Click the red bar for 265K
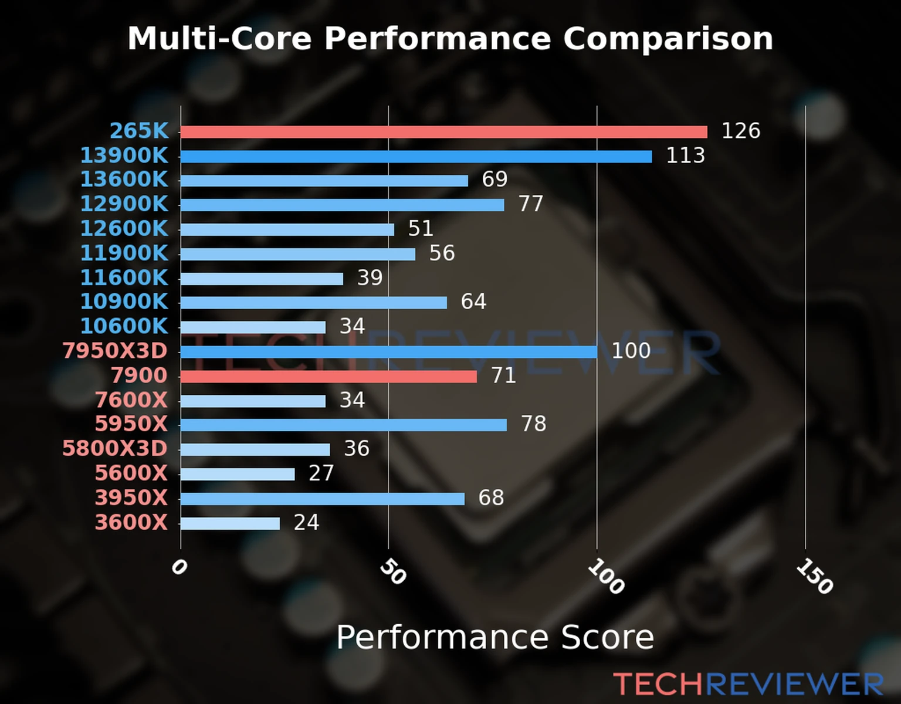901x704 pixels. click(x=443, y=132)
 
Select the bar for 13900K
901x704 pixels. click(x=416, y=157)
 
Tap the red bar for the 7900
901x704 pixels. click(x=328, y=376)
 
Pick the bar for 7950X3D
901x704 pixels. click(x=388, y=352)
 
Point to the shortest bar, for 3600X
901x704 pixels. click(x=230, y=523)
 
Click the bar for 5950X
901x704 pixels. click(x=344, y=425)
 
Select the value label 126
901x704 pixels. click(x=740, y=131)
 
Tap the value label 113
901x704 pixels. click(x=685, y=155)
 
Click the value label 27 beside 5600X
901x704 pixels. click(x=321, y=473)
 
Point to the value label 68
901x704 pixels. click(x=491, y=498)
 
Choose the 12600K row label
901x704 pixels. click(x=124, y=229)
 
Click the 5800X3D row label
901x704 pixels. click(x=115, y=449)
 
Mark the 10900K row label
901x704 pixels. click(x=124, y=302)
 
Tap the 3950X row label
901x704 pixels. click(x=131, y=498)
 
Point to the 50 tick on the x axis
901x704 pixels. click(x=392, y=572)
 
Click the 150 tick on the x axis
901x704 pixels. click(x=814, y=576)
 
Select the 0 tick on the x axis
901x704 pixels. click(x=179, y=567)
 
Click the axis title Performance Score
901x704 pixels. click(x=494, y=637)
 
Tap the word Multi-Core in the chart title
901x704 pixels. click(x=219, y=39)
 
